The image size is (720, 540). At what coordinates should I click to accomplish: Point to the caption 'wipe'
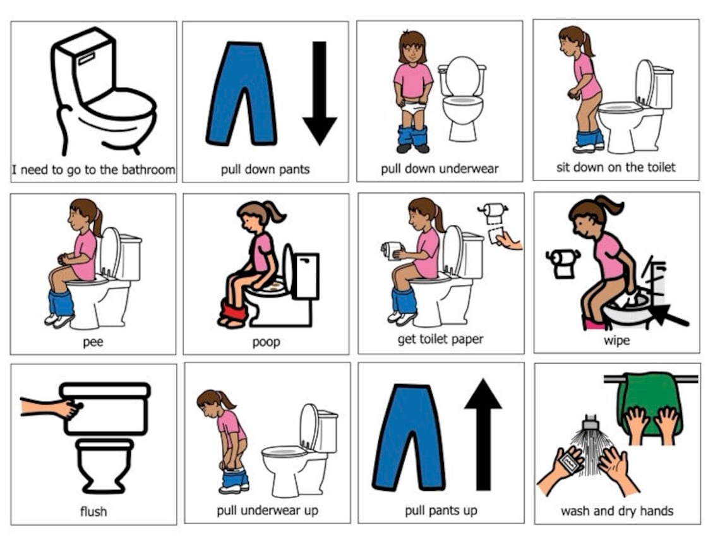616,340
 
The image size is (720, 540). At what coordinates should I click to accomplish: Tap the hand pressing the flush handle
66,408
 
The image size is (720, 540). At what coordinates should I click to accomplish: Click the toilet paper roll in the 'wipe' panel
563,262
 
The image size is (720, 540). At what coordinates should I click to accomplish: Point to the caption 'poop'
266,342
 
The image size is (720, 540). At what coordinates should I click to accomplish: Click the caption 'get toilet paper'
440,339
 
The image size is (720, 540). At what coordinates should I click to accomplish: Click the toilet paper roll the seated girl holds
391,251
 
